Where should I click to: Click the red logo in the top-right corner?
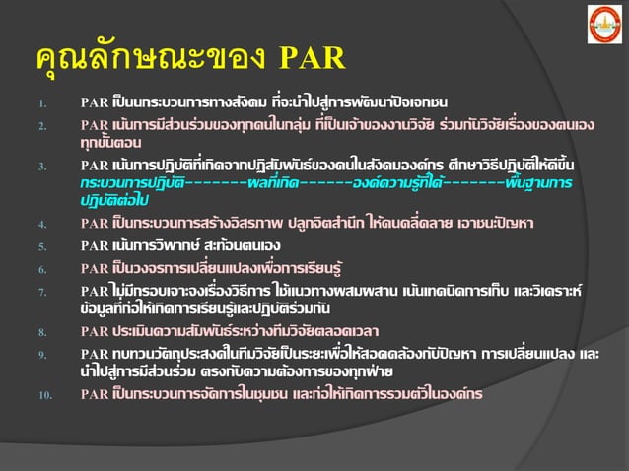604,24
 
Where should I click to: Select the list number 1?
40,103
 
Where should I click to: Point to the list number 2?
40,126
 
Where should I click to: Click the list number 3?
40,167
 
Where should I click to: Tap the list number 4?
40,224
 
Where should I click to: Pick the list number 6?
40,268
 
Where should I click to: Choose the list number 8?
40,331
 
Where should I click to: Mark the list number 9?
40,355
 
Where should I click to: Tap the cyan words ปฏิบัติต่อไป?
114,200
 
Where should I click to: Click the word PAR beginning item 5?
95,245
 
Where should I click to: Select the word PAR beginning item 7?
95,291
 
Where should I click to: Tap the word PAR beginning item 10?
95,394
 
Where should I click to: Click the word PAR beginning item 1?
95,102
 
